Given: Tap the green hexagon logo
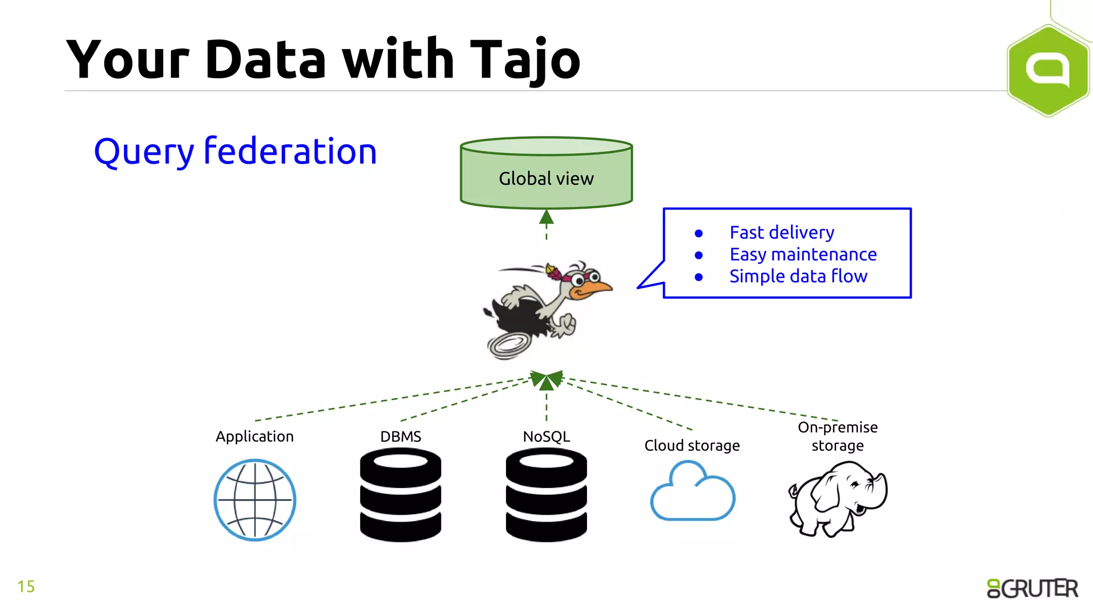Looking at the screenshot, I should click(x=1048, y=70).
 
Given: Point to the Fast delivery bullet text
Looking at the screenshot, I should click(x=781, y=232).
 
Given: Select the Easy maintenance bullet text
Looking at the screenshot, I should click(x=803, y=254).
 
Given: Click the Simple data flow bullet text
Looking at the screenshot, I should click(x=798, y=276).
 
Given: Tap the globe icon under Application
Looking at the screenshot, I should click(x=255, y=500).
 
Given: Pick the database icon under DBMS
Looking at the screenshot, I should click(x=400, y=495).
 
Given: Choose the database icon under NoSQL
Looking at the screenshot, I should click(x=546, y=495).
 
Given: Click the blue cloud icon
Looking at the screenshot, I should click(x=692, y=494).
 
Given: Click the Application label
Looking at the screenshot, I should click(x=255, y=436).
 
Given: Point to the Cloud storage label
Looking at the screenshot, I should click(x=692, y=445).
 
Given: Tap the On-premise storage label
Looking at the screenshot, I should click(x=837, y=436).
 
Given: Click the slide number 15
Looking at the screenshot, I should click(x=26, y=586).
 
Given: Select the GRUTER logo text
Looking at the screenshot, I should click(x=1032, y=588).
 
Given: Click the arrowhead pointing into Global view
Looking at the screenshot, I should click(x=546, y=217).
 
